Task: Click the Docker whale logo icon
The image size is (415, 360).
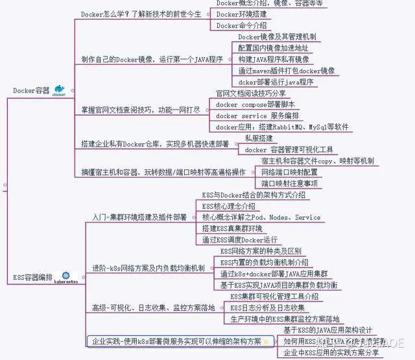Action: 59,91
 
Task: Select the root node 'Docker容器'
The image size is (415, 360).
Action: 31,91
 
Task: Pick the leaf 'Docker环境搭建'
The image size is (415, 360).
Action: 242,14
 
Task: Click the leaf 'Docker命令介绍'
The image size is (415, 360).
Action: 242,26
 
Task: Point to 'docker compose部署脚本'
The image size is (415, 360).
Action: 255,104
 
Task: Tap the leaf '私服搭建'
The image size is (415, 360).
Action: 259,139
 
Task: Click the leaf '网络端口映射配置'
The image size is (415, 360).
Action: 289,172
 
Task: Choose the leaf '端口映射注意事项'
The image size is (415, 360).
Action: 289,184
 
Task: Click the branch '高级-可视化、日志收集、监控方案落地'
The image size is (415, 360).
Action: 153,308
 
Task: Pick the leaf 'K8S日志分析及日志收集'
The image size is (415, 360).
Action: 267,307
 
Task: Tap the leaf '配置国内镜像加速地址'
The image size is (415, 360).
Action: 273,48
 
